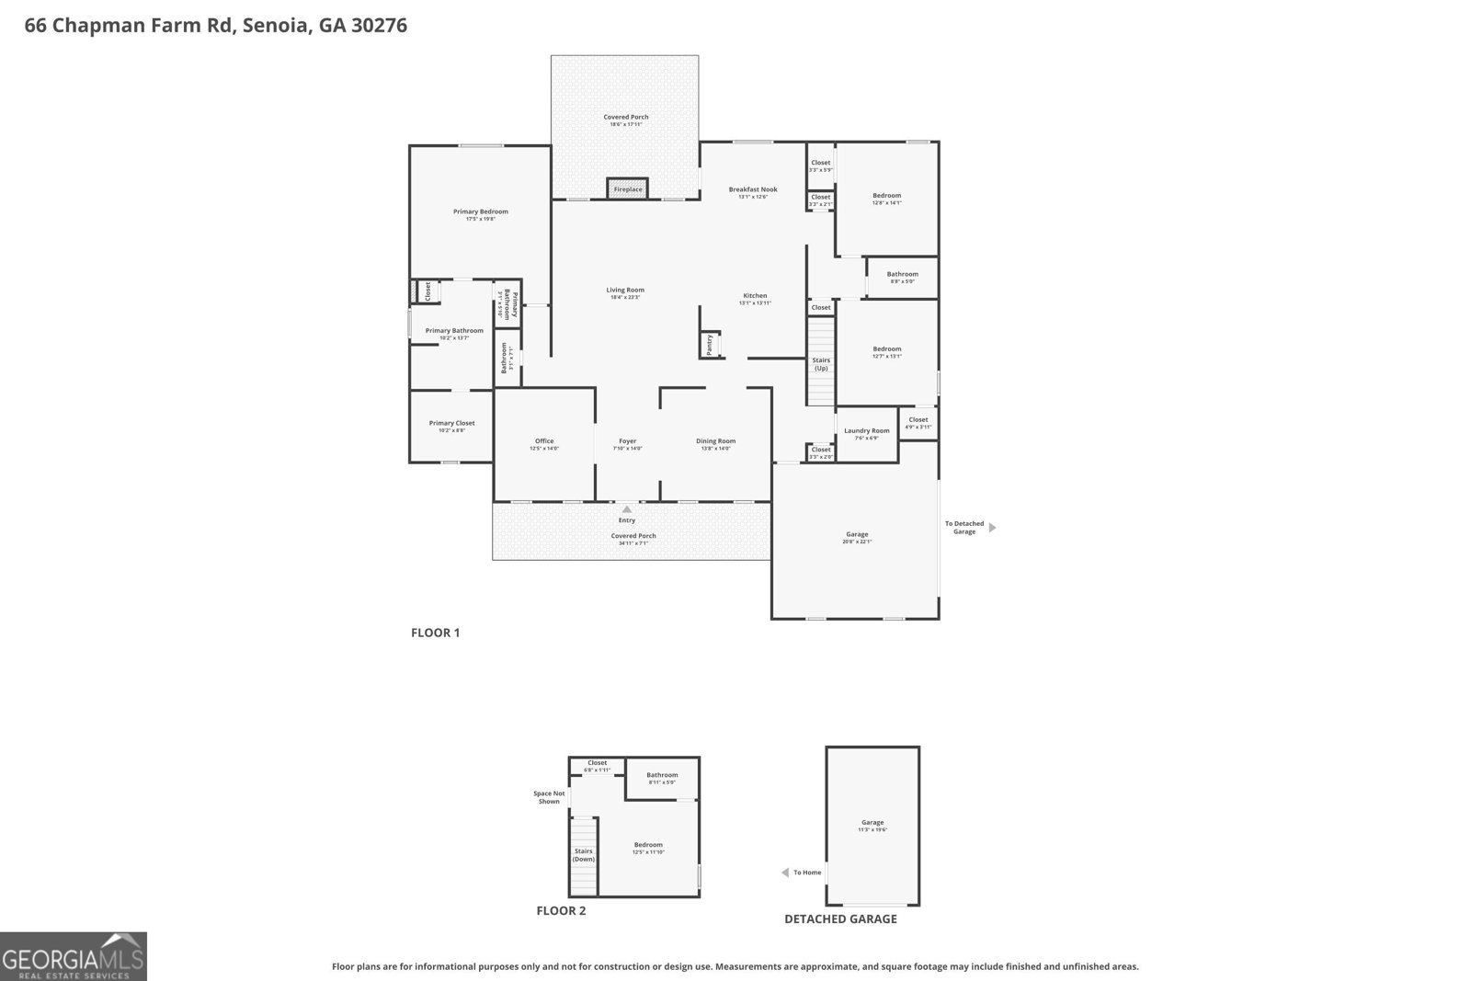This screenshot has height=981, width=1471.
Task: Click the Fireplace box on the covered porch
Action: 628,188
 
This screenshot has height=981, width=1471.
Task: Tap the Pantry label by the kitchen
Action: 709,345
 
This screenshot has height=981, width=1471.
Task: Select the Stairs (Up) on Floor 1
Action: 821,364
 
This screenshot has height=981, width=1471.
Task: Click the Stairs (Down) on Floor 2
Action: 584,855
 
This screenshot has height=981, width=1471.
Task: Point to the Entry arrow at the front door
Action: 627,508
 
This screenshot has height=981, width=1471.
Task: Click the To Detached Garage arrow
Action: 992,528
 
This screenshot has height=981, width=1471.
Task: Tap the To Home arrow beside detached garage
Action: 785,873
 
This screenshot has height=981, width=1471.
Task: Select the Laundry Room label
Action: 867,430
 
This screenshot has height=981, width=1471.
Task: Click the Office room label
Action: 544,441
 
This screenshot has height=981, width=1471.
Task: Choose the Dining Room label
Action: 715,441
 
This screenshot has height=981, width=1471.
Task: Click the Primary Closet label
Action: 451,423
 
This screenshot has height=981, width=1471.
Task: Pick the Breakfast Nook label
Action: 753,189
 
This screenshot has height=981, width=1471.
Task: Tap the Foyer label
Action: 627,441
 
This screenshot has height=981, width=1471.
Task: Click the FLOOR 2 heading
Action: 561,911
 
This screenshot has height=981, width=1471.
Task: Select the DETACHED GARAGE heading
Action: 840,918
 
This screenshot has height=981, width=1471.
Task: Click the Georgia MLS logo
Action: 74,956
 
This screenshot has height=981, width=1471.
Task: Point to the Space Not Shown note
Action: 549,797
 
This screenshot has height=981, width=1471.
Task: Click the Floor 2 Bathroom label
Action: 662,775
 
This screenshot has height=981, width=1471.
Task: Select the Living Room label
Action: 625,291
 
